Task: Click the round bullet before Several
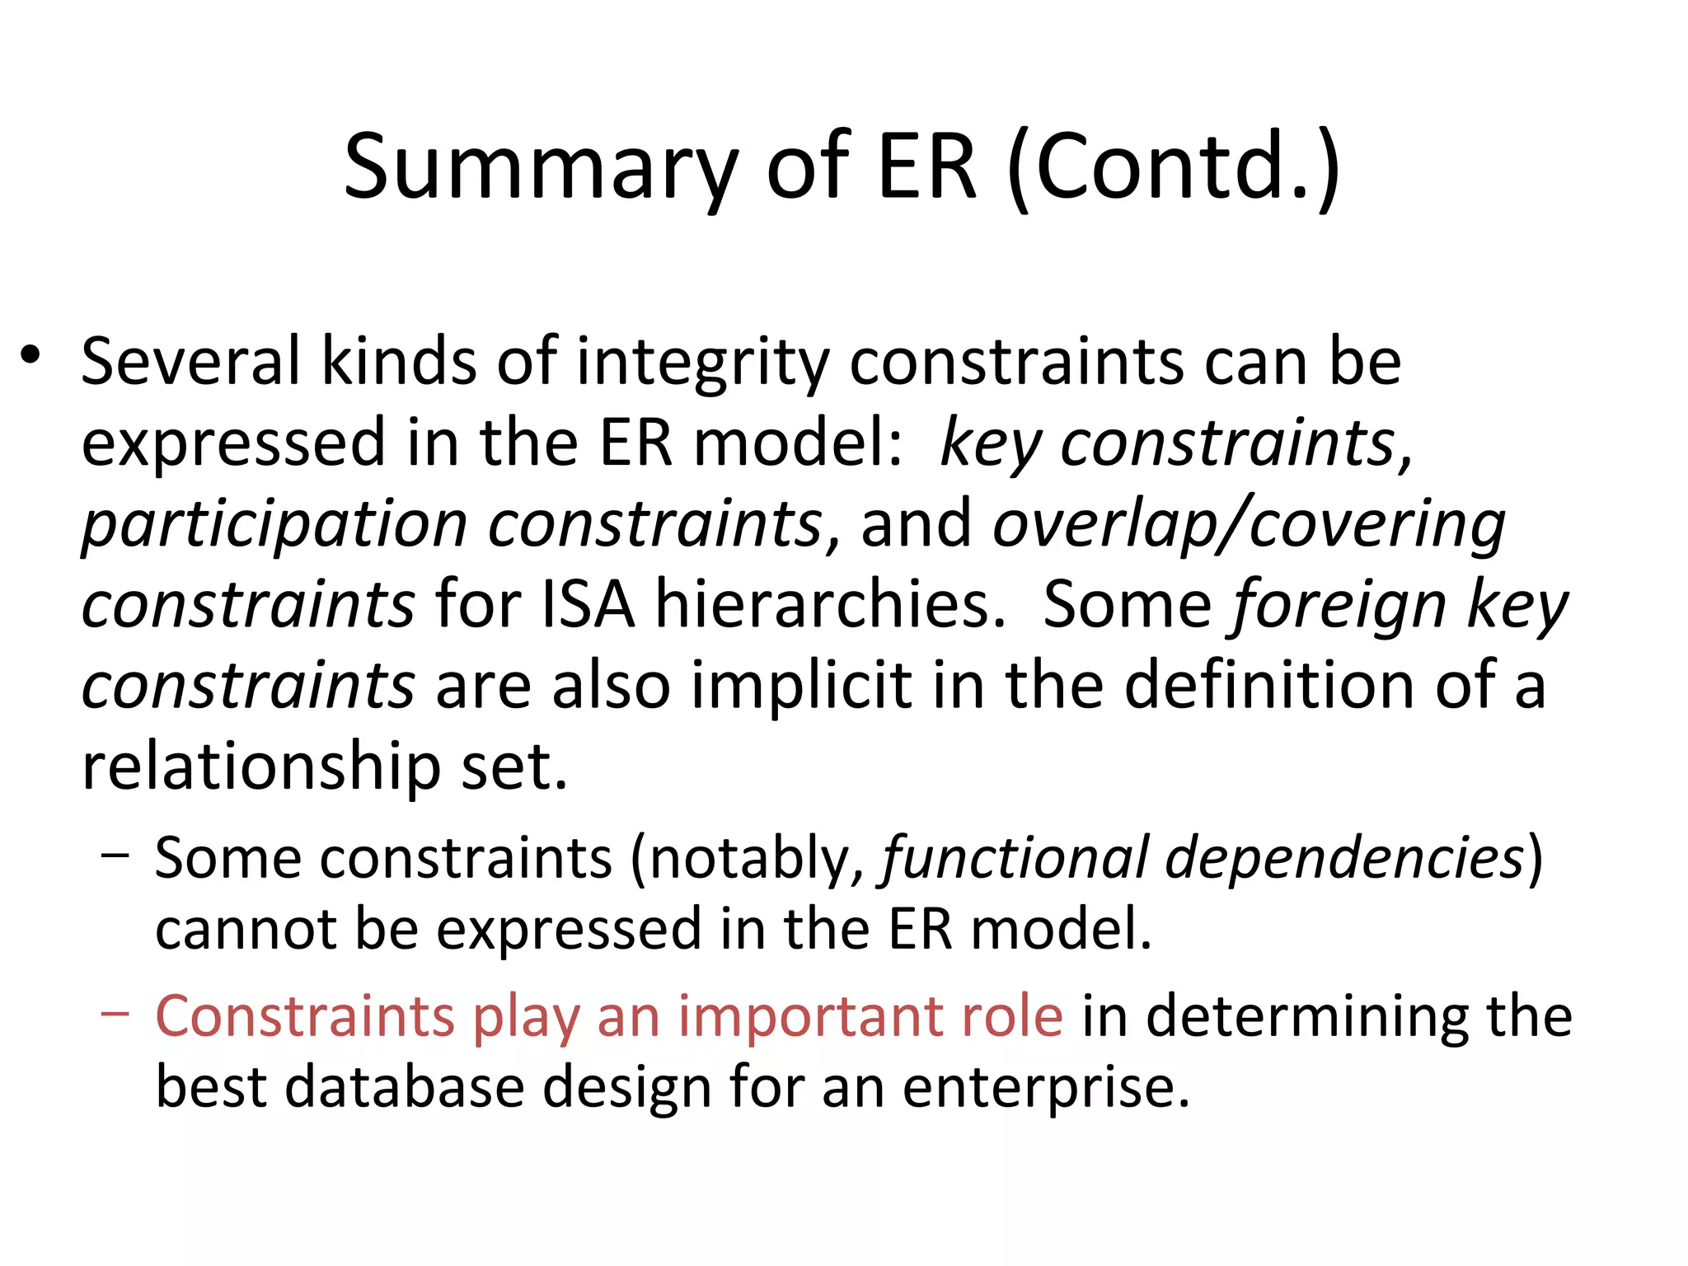click(x=31, y=355)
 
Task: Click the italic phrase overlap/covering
click(x=1249, y=525)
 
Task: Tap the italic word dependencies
click(x=1343, y=859)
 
